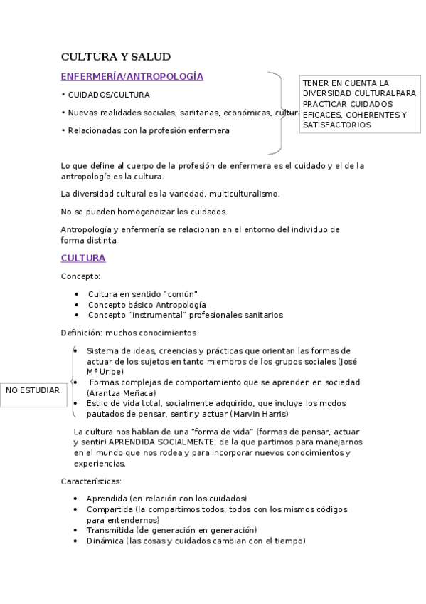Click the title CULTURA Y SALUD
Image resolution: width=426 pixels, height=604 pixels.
tap(115, 57)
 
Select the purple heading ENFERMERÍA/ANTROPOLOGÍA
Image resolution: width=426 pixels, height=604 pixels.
tap(132, 76)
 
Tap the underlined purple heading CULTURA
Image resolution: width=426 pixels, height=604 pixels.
tap(82, 258)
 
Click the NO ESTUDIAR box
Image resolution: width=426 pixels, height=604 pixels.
tap(33, 390)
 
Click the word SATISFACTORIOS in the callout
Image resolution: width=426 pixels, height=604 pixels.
tap(336, 125)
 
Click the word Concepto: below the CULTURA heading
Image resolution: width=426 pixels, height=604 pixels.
tap(80, 276)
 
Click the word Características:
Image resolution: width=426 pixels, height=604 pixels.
tap(92, 481)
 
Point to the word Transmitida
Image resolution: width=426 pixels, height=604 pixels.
tap(111, 530)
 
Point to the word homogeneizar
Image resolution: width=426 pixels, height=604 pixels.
tap(153, 212)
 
